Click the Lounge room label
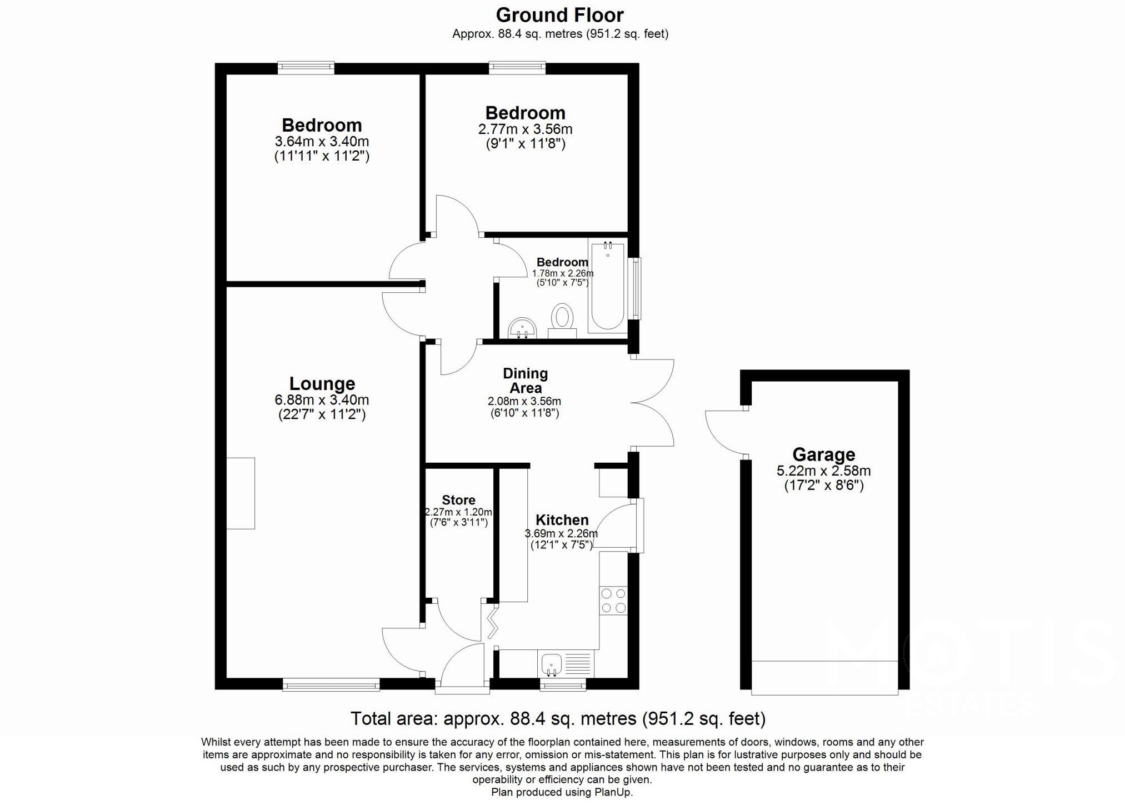point(322,384)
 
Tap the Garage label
point(823,454)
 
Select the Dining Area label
point(525,381)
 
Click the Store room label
point(458,500)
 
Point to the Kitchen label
point(562,520)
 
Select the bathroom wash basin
point(522,328)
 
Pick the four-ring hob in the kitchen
point(613,601)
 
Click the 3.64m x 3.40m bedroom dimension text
point(322,142)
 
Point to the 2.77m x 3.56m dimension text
point(525,129)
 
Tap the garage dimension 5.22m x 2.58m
point(823,471)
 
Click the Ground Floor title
point(559,15)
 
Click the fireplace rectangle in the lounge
point(241,493)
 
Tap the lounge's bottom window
point(331,684)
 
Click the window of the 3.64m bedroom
point(306,68)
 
